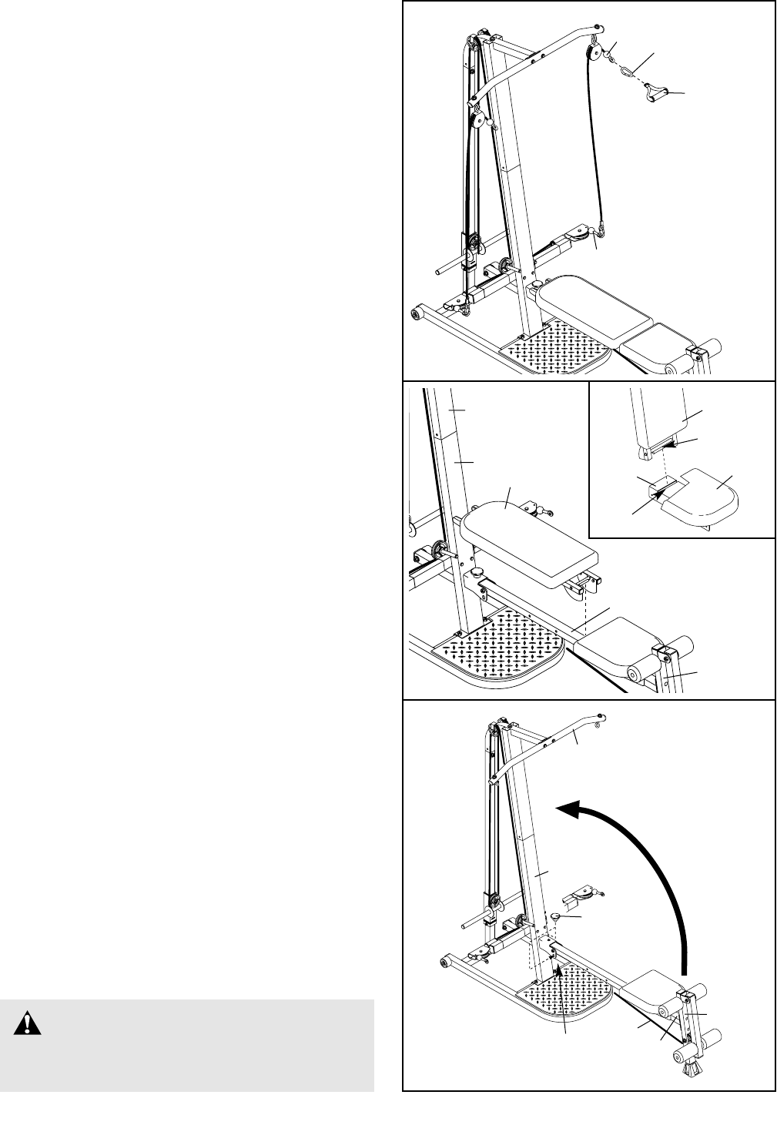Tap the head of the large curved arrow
click(567, 809)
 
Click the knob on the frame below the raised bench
click(478, 573)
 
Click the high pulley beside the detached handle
click(593, 54)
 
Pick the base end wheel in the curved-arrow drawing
click(447, 961)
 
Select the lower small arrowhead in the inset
click(658, 494)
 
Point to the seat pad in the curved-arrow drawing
click(655, 986)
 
